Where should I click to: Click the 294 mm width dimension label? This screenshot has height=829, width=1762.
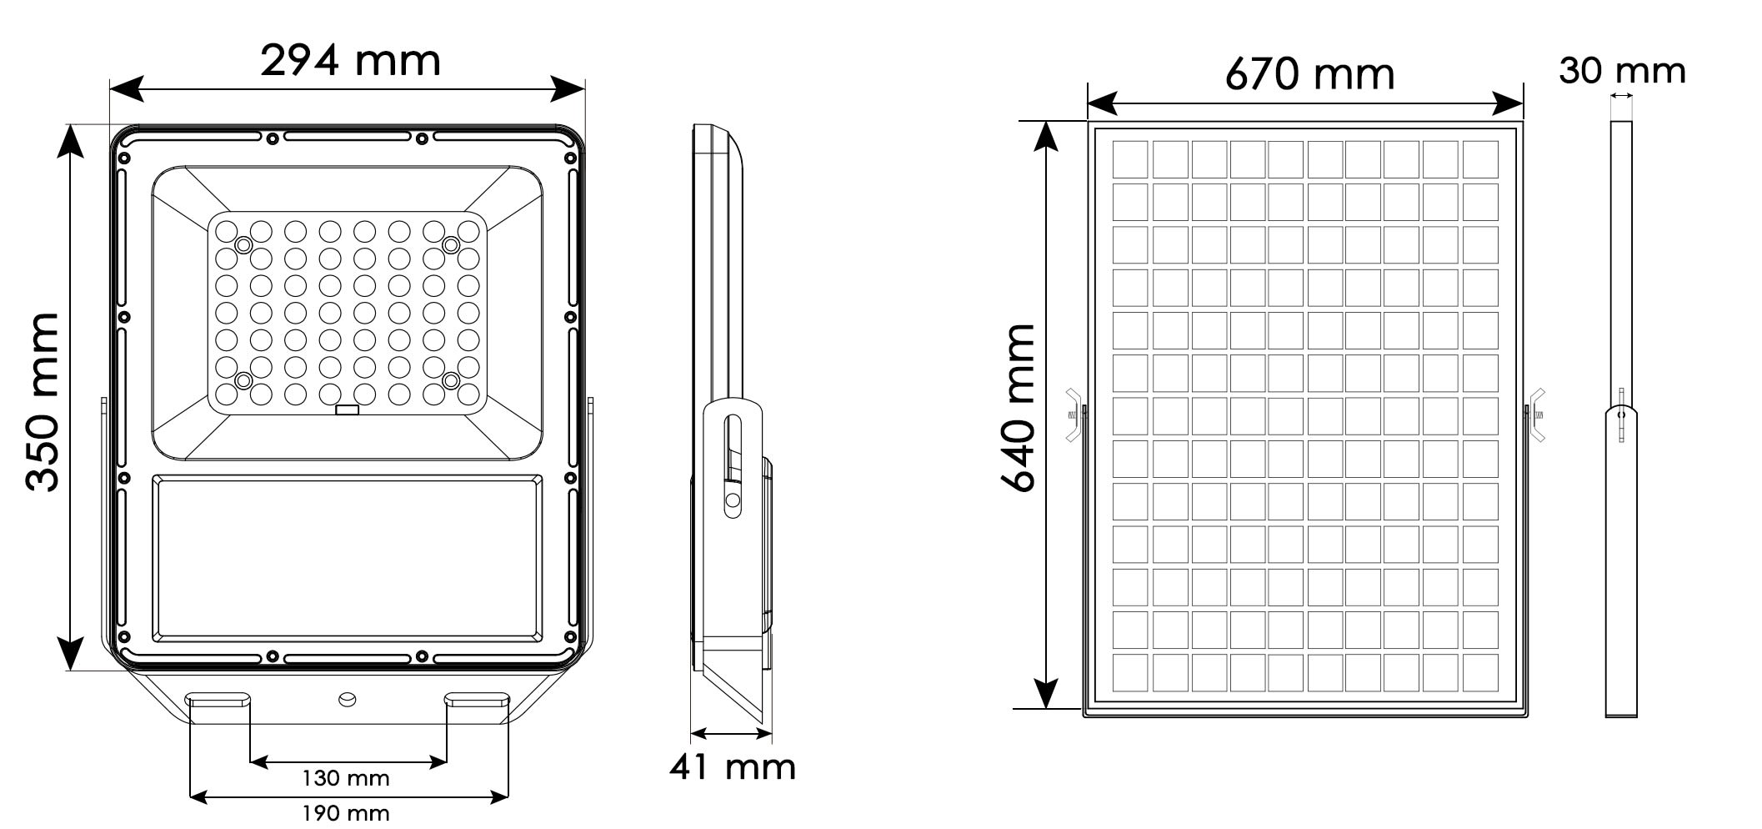coord(350,60)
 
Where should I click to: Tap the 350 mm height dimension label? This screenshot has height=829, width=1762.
coord(42,402)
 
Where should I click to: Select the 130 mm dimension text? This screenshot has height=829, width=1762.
coord(345,778)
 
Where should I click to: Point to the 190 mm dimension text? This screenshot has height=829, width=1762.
coord(345,812)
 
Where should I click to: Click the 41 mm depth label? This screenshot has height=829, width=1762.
coord(733,766)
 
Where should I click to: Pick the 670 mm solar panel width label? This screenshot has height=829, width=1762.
coord(1309,74)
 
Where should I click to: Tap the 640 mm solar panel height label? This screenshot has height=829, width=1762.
coord(1018,409)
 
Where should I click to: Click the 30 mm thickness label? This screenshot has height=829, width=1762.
coord(1622,71)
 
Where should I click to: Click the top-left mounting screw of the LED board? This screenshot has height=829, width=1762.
coord(243,245)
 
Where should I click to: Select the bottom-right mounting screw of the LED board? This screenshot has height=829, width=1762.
coord(451,381)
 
